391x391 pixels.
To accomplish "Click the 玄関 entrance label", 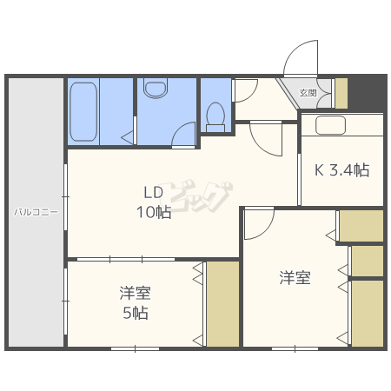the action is tap(308, 93).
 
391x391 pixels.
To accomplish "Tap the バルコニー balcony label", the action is tap(36, 212).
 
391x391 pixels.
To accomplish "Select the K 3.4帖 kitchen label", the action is tap(342, 170).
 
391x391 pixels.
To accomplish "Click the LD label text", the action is tap(154, 192).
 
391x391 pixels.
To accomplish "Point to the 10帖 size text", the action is tap(154, 212).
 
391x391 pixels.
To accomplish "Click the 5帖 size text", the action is tap(136, 313).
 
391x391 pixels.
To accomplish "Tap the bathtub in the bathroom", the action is tap(83, 112).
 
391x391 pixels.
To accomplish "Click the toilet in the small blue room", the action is tap(215, 116).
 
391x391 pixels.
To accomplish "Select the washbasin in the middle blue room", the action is tap(156, 89).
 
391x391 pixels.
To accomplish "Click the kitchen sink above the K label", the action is tap(330, 125).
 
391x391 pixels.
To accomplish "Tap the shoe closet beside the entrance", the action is tap(341, 93).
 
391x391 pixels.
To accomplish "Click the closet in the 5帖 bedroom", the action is tap(222, 304).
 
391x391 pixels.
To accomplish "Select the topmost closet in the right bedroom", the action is tap(361, 226).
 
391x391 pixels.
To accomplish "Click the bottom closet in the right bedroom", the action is tap(368, 313).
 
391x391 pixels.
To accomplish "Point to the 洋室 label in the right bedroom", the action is tap(295, 277).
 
